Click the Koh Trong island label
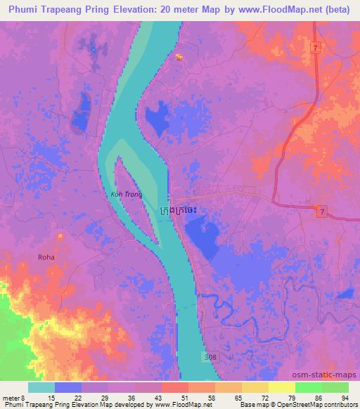point(127,194)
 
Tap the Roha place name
point(46,257)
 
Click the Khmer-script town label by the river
point(184,210)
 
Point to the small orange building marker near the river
point(179,57)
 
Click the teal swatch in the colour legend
point(41,387)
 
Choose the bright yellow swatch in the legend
point(281,387)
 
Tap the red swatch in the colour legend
point(174,387)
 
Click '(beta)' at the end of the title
point(337,9)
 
